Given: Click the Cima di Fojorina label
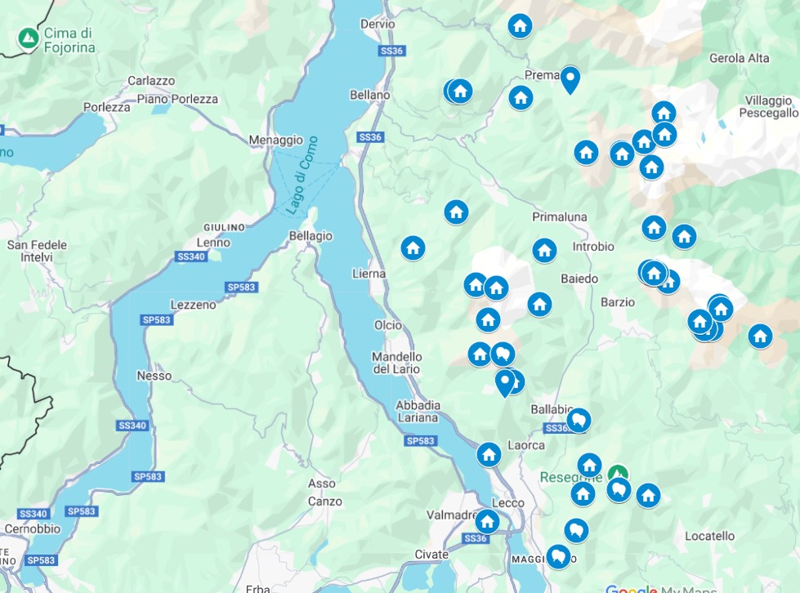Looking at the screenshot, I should click(x=69, y=40).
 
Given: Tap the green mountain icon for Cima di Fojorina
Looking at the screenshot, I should click(x=29, y=38).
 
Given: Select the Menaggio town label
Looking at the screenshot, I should click(x=275, y=140).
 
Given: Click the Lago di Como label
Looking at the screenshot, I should click(x=302, y=175).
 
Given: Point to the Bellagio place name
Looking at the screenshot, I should click(x=311, y=235).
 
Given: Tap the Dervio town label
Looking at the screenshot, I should click(x=377, y=25).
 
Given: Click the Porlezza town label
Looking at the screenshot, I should click(x=107, y=107).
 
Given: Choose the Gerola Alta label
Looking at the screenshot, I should click(x=739, y=58).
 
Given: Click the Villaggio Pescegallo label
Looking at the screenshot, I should click(x=766, y=106).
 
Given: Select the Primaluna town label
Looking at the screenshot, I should click(x=560, y=216).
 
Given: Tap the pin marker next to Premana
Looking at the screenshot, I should click(x=570, y=79).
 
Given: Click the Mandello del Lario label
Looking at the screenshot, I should click(x=397, y=363).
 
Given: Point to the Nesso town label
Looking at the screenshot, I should click(x=155, y=376).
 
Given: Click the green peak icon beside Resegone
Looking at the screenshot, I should click(x=619, y=474).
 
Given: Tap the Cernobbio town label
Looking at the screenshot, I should click(x=30, y=528).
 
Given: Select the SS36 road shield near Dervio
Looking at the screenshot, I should click(x=392, y=51).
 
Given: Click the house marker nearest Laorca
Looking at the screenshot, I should click(x=489, y=454).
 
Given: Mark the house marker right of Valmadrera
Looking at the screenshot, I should click(x=487, y=521).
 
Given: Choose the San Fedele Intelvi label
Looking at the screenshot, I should click(x=37, y=251).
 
